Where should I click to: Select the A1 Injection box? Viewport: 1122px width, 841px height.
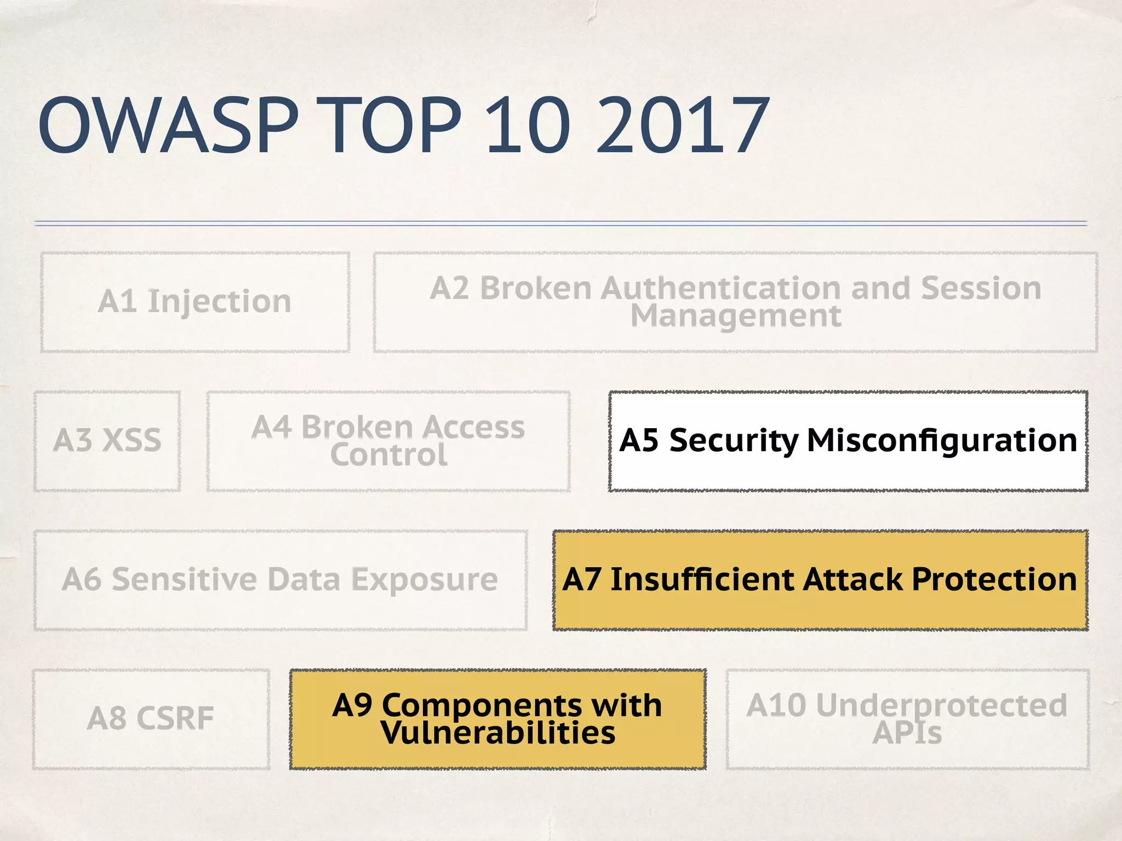tap(195, 302)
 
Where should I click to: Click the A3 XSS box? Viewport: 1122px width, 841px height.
tap(107, 441)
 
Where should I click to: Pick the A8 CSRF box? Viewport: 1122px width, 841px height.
tap(151, 718)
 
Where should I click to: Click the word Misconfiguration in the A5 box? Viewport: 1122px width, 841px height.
tap(942, 440)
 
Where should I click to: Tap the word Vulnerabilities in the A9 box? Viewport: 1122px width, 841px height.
tap(498, 733)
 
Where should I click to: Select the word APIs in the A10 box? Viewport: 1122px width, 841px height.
tap(907, 733)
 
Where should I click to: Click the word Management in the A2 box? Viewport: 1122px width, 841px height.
tap(736, 316)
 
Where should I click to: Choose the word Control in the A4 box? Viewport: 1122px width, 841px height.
tap(388, 455)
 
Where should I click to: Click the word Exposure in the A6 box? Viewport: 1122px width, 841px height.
tap(424, 579)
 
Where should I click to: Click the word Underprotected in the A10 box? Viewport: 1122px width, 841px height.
tap(941, 705)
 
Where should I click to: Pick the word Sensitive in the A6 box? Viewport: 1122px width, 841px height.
tap(184, 579)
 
